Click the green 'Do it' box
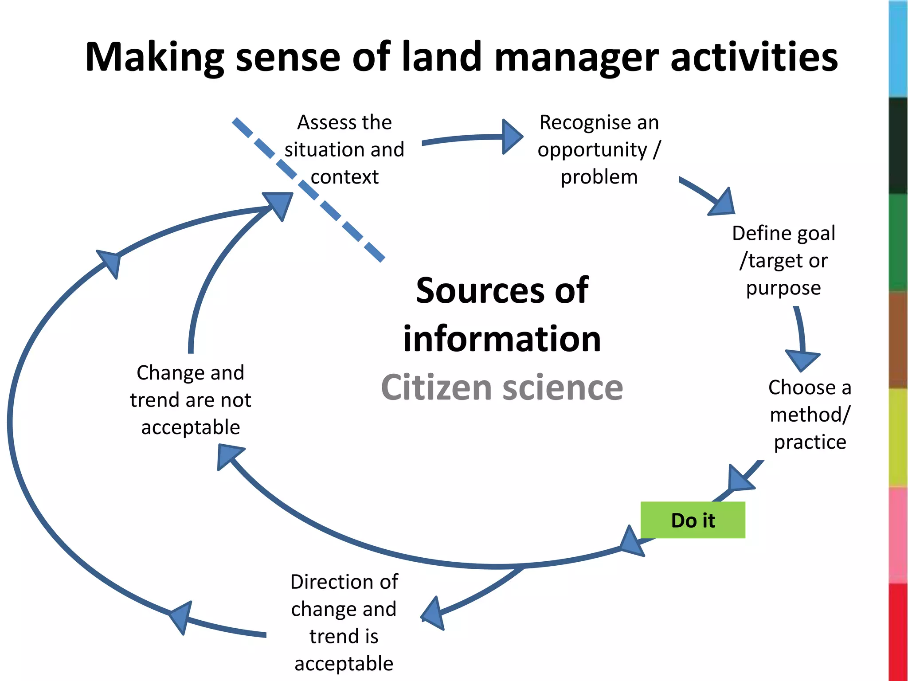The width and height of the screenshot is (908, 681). tap(693, 520)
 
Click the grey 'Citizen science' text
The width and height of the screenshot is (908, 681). tap(502, 387)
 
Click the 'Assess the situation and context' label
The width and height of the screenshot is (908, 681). tap(344, 149)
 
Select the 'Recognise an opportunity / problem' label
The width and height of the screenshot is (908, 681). tap(599, 149)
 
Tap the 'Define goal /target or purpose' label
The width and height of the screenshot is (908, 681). tap(783, 260)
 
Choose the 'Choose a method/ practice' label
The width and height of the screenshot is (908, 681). tap(810, 415)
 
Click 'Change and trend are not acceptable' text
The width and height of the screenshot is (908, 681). tap(190, 400)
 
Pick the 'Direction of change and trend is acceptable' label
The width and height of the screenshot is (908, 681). tap(344, 622)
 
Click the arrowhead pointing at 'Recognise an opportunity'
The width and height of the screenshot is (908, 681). tap(512, 137)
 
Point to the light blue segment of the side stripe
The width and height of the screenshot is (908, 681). tap(898, 49)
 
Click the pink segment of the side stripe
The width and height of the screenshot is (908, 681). tap(898, 534)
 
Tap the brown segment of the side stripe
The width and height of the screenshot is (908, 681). tap(898, 340)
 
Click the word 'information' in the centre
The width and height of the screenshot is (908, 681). tap(502, 339)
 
